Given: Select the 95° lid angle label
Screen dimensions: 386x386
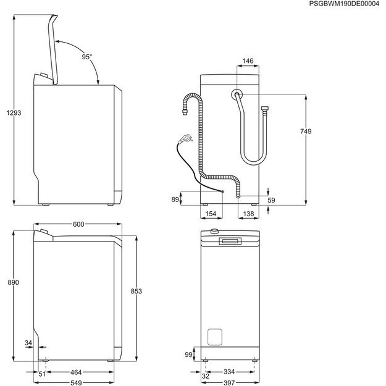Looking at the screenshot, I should [87, 57].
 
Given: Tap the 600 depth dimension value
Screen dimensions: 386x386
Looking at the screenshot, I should [78, 224].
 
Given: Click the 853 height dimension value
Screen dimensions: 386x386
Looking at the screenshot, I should [136, 291].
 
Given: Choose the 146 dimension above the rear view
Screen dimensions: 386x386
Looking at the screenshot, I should [248, 61].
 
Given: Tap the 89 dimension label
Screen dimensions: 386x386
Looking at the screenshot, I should [175, 199].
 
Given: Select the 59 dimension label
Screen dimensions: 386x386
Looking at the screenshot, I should [272, 200].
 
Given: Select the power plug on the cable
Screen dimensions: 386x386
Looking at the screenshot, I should [183, 140].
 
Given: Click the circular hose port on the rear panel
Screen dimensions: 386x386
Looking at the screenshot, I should [237, 94].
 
